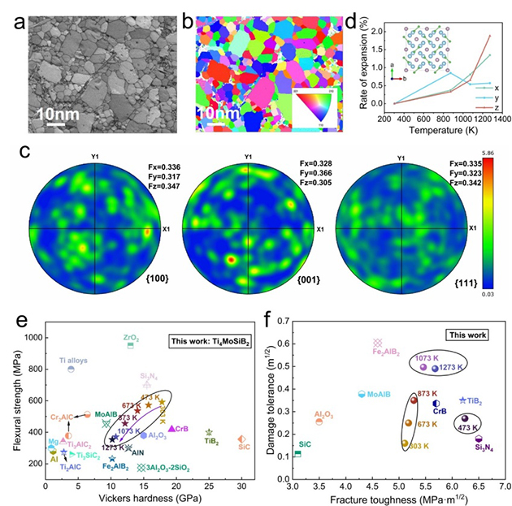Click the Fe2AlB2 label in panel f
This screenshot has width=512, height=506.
click(386, 352)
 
